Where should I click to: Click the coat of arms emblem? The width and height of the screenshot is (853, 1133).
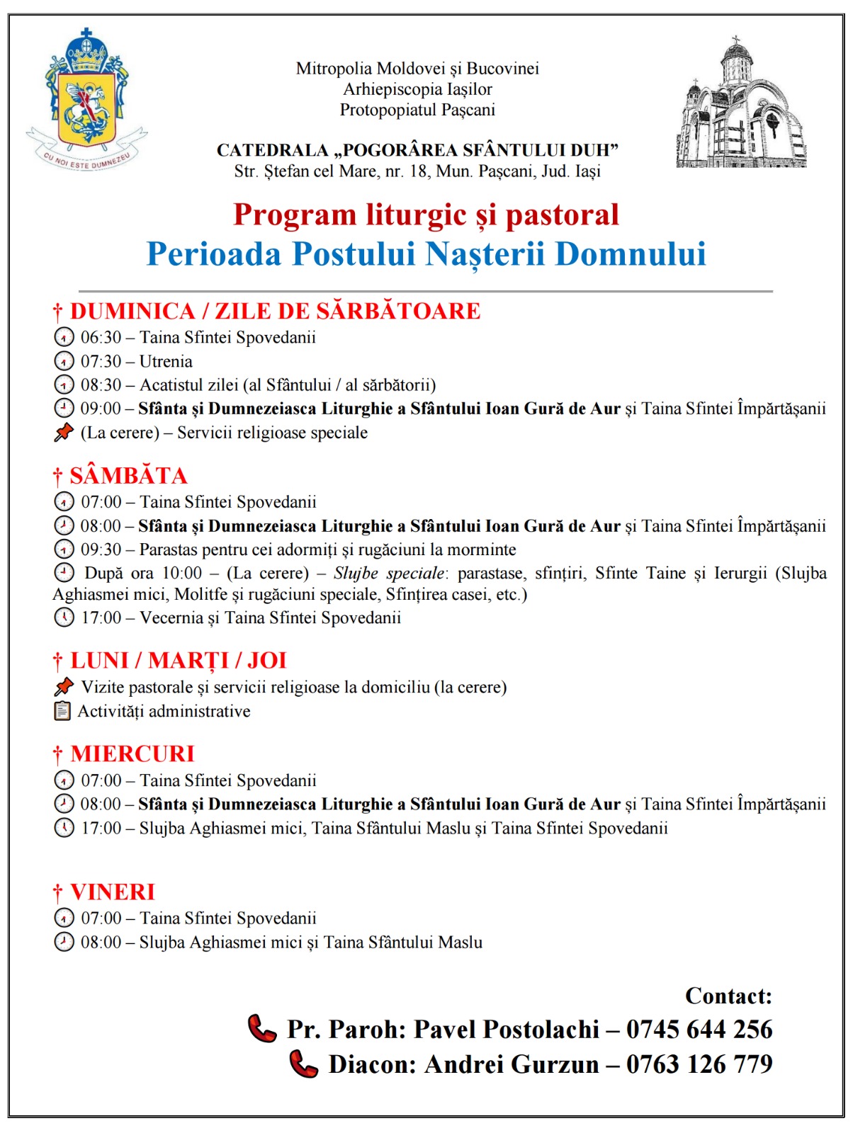click(x=86, y=99)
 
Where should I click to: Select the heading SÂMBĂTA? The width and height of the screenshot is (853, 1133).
click(x=128, y=475)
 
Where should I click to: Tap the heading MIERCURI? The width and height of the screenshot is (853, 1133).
click(x=132, y=753)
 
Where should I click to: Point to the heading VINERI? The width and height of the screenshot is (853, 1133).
click(x=113, y=892)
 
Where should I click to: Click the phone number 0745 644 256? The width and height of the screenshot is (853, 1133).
click(x=699, y=1029)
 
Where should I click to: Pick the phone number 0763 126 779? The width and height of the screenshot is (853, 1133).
click(x=699, y=1064)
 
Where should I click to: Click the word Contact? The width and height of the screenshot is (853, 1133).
click(x=728, y=996)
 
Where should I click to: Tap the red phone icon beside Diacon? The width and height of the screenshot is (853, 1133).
click(x=304, y=1064)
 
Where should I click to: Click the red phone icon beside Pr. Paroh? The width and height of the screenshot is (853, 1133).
click(x=262, y=1029)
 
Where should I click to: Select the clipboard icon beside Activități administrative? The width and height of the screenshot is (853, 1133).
click(x=63, y=711)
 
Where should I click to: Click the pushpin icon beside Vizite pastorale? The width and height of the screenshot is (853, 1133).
click(x=64, y=686)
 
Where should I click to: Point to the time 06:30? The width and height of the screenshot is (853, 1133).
click(x=101, y=337)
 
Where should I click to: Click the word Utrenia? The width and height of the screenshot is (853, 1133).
click(x=166, y=361)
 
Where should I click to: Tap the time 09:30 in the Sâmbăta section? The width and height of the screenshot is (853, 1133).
click(x=101, y=550)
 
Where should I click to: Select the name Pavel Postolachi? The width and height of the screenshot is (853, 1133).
click(x=506, y=1029)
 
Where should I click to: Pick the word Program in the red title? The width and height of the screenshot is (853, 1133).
click(x=295, y=215)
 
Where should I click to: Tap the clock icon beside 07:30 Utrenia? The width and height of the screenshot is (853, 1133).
click(x=64, y=361)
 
